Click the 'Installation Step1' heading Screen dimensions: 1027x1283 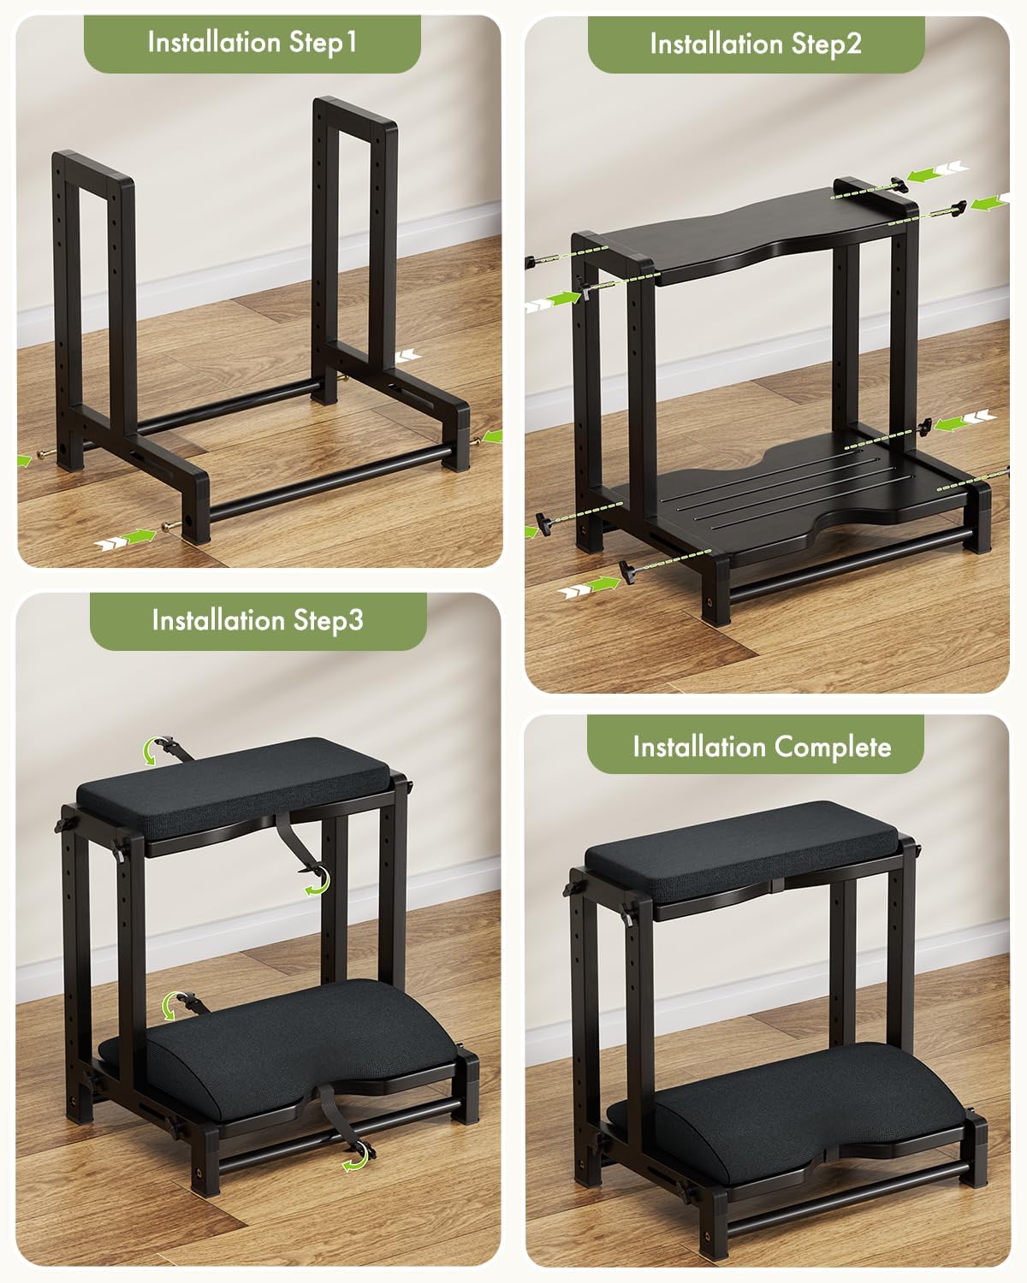tap(252, 42)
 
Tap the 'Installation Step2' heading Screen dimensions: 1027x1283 tap(756, 44)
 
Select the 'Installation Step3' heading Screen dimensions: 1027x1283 tap(258, 620)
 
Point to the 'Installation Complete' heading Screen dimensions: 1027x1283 tap(762, 747)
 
